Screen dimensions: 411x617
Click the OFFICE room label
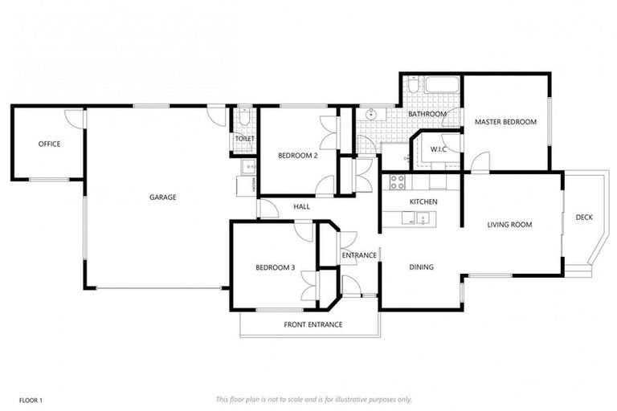coord(49,144)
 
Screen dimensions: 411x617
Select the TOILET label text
coord(244,139)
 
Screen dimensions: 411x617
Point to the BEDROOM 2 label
coord(297,156)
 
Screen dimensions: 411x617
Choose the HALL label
coord(301,207)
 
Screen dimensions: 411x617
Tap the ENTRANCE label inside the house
coord(358,255)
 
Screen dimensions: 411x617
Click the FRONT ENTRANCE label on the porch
coord(313,324)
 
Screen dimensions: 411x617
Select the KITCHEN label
coord(423,201)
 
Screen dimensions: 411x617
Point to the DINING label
coord(421,267)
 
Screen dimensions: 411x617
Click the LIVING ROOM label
coord(509,225)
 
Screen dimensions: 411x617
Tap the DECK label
coord(584,218)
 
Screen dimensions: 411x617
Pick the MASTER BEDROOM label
coord(505,122)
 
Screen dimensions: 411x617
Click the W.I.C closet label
coord(439,149)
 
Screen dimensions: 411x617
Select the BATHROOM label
coord(427,114)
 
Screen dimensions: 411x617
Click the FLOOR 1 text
coord(30,399)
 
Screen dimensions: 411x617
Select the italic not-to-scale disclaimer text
coord(313,399)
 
